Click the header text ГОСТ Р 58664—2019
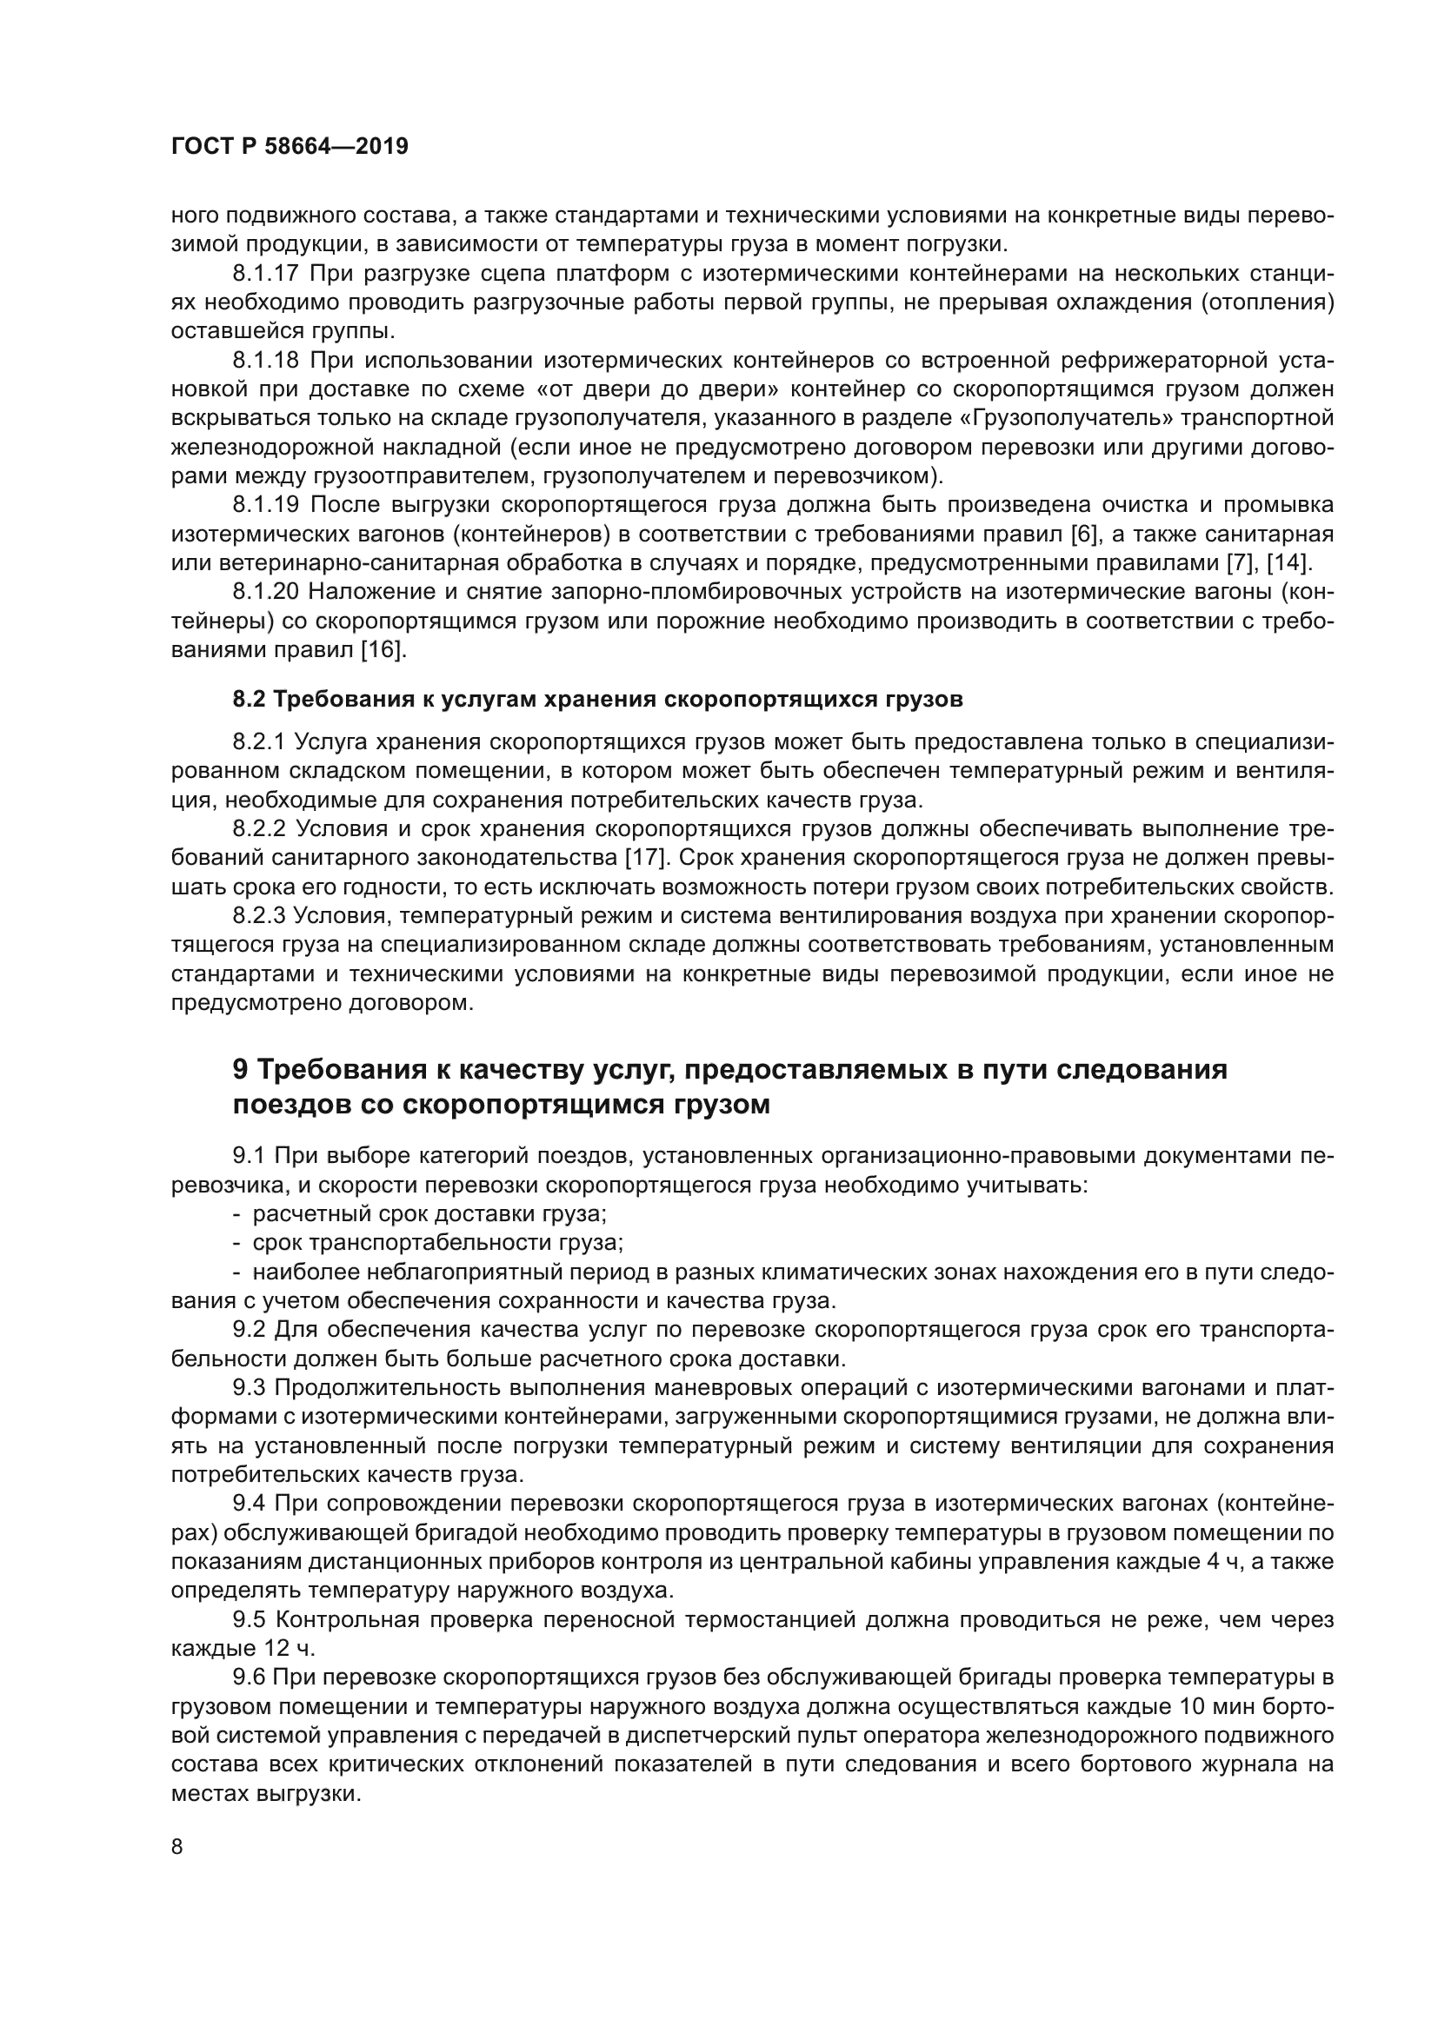click(290, 147)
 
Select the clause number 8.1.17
click(267, 274)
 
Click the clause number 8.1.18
click(267, 361)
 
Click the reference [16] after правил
click(383, 651)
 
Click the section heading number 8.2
click(249, 700)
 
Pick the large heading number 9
click(241, 1071)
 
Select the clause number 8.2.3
click(259, 915)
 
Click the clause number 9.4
click(249, 1504)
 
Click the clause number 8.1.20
click(267, 593)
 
